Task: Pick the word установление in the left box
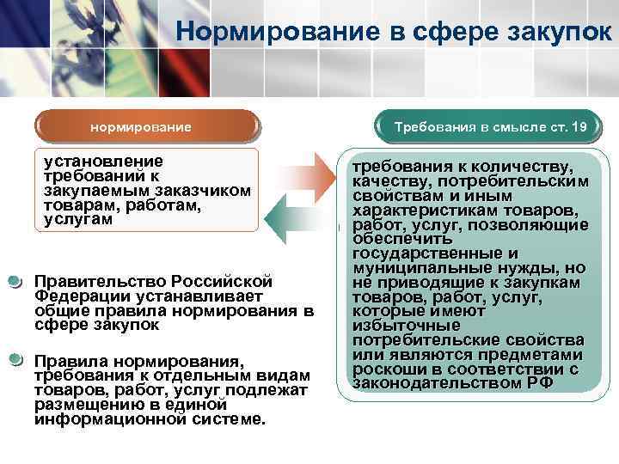point(103,161)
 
